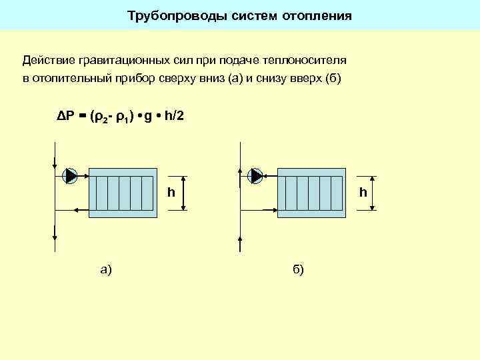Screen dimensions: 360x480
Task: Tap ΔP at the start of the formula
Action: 65,117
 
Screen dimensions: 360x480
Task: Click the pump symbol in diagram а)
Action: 70,175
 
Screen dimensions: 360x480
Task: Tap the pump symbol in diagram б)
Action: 255,175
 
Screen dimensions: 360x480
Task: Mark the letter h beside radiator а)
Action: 171,193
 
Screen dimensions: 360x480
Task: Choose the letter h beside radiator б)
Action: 363,193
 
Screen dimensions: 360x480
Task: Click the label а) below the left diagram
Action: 105,269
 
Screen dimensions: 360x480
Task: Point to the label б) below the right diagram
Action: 297,269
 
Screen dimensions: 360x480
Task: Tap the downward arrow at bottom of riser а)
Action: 54,233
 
